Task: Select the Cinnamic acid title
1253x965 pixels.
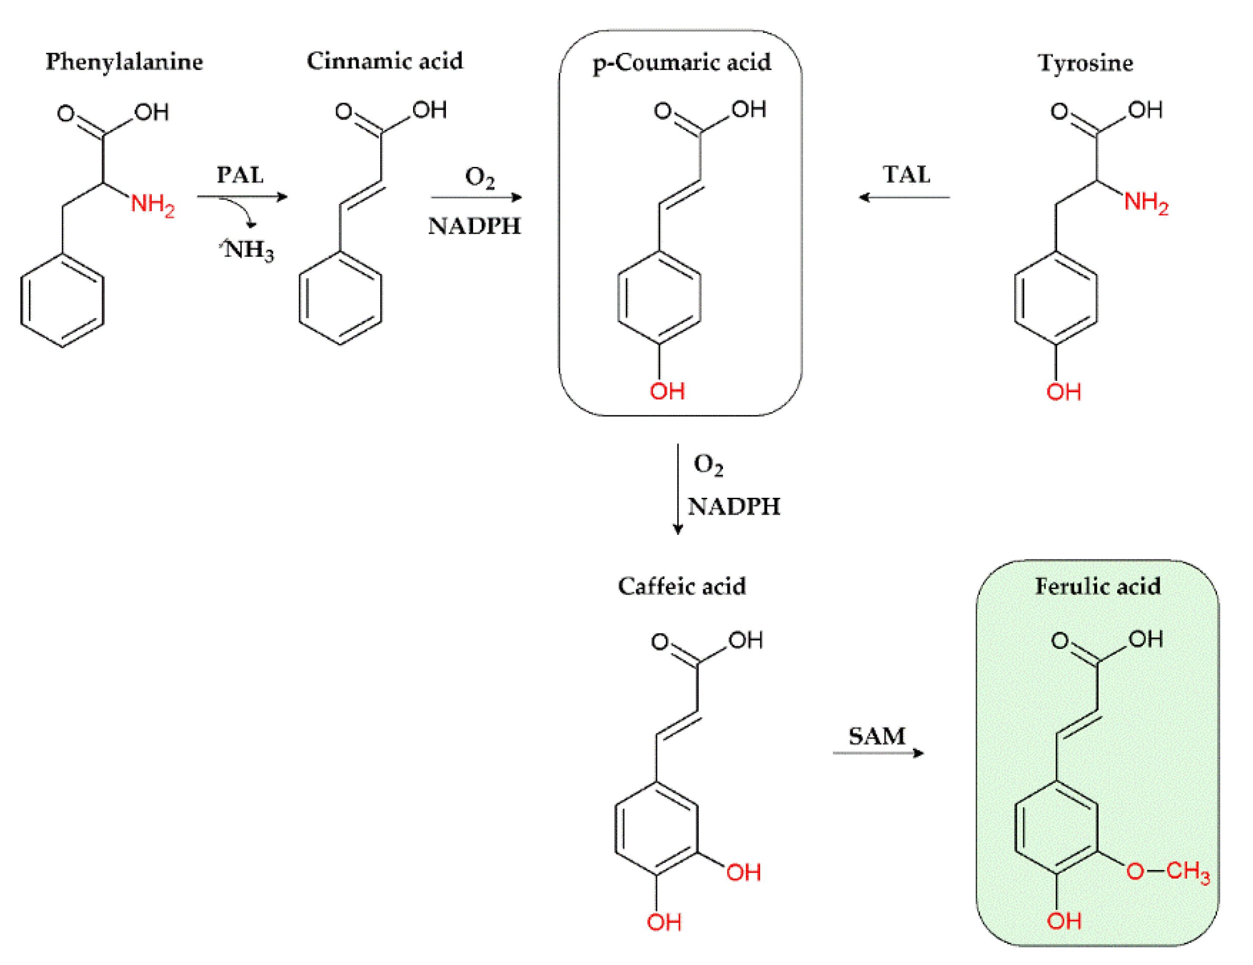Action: [x=385, y=61]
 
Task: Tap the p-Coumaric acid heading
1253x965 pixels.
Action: [x=681, y=63]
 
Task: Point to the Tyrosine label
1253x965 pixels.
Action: [x=1085, y=63]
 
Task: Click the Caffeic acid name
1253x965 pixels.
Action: [x=681, y=586]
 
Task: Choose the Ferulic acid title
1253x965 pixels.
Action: [x=1097, y=586]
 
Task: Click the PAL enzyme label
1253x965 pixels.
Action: [x=240, y=175]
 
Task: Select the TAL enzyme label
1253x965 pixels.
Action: [x=906, y=175]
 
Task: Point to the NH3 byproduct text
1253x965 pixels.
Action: [x=249, y=250]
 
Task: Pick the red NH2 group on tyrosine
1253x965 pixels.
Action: [x=1146, y=202]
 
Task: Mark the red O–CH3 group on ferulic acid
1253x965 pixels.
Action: [x=1168, y=871]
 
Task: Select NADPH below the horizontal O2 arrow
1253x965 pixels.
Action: [x=474, y=226]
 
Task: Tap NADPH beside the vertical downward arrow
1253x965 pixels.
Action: [x=733, y=507]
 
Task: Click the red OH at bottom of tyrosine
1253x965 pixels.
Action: [x=1063, y=392]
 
